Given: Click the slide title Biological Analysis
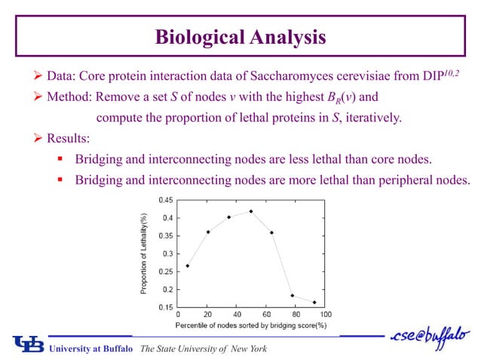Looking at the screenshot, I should (240, 36).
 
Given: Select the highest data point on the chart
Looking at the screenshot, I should (250, 211).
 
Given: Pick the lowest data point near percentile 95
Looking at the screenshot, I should (314, 302).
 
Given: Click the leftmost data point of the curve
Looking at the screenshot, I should (187, 265).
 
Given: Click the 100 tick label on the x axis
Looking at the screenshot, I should (326, 315).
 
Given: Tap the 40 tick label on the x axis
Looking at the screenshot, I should (236, 315).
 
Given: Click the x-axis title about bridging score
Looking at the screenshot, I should (251, 325).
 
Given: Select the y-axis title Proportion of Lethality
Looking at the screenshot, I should (143, 253).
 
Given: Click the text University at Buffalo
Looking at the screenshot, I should (91, 349).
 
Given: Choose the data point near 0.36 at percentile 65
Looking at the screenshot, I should (271, 233).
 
